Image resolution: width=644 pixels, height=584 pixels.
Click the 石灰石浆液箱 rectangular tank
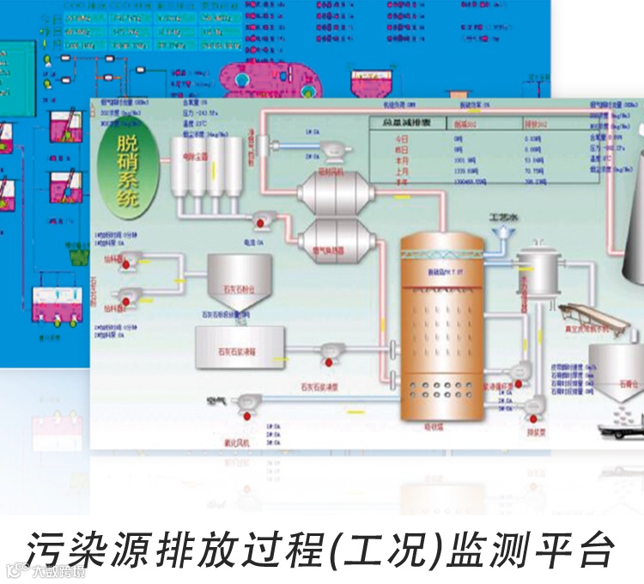(x=240, y=349)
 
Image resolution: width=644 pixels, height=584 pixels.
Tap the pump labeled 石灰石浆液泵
(x=331, y=350)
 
